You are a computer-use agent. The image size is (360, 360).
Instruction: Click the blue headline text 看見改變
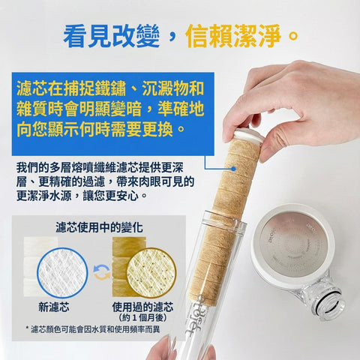(112, 36)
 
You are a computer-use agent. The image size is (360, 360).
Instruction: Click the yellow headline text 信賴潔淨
(233, 36)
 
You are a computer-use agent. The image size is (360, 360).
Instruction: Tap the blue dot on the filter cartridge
(233, 169)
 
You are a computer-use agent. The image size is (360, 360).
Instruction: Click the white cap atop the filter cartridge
(248, 135)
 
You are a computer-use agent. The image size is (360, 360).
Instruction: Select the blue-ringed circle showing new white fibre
(62, 273)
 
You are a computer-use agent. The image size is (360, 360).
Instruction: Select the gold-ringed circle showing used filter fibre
(151, 273)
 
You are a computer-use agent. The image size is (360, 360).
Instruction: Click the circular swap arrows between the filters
(102, 272)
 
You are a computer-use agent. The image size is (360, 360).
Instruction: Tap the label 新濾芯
(54, 307)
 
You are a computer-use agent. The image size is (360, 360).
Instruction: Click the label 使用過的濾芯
(142, 307)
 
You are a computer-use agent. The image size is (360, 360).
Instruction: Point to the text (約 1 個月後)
(142, 318)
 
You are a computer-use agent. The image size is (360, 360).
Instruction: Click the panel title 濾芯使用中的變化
(99, 227)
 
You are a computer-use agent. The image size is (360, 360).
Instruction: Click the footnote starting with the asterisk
(93, 329)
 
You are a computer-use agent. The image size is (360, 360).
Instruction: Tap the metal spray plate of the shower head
(293, 244)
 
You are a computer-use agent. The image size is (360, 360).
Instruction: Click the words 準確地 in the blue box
(181, 109)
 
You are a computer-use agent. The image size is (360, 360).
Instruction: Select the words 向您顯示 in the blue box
(48, 129)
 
